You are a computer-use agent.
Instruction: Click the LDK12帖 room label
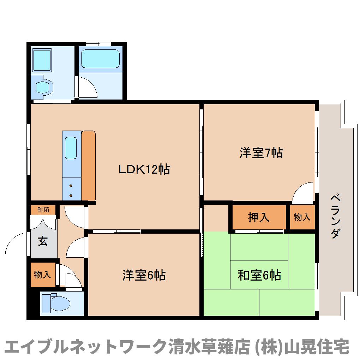pyautogui.click(x=144, y=169)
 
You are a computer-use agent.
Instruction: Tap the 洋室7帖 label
pyautogui.click(x=261, y=153)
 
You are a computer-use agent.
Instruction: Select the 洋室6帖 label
pyautogui.click(x=144, y=275)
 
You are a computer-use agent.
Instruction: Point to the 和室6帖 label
pyautogui.click(x=259, y=275)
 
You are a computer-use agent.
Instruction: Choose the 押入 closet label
pyautogui.click(x=259, y=217)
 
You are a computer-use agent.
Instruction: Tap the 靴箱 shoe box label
pyautogui.click(x=43, y=210)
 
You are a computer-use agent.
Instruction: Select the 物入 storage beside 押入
pyautogui.click(x=302, y=217)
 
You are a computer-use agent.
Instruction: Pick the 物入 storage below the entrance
pyautogui.click(x=42, y=274)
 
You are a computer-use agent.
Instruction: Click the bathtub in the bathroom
pyautogui.click(x=100, y=59)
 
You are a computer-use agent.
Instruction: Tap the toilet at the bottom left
pyautogui.click(x=56, y=303)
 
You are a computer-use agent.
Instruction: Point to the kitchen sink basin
pyautogui.click(x=71, y=148)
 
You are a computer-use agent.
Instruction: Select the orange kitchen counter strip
pyautogui.click(x=89, y=166)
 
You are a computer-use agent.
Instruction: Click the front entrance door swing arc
pyautogui.click(x=17, y=244)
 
